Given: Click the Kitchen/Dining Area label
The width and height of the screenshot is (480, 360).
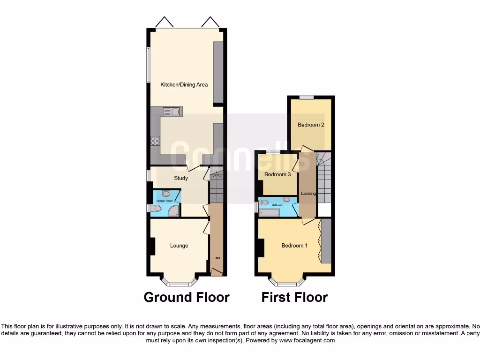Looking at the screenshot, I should click(x=184, y=85).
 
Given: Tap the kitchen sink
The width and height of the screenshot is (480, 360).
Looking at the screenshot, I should click(x=172, y=112).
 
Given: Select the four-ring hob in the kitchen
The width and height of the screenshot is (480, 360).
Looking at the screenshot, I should click(x=155, y=141).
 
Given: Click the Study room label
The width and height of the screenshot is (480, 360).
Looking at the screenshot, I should click(x=181, y=178).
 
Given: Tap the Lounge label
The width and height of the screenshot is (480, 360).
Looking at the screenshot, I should click(x=179, y=246).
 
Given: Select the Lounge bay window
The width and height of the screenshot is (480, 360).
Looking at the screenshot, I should click(x=179, y=282).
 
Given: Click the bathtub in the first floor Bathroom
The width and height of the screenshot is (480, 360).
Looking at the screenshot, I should click(x=269, y=213).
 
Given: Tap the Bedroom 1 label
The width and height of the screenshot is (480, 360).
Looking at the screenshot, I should click(x=294, y=246).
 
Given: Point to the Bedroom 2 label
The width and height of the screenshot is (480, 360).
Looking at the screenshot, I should click(x=311, y=125).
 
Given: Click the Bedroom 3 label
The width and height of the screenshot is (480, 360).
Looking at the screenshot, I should click(x=277, y=174).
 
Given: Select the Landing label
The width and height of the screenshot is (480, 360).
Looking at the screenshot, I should click(x=308, y=194).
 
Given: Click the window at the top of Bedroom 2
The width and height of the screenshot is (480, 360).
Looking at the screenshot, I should click(x=307, y=97).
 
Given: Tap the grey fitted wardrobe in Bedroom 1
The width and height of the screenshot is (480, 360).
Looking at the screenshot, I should click(x=326, y=241).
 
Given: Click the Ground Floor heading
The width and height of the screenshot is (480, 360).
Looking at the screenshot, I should click(x=186, y=297).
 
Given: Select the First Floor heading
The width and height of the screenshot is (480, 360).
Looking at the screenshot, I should click(x=294, y=297).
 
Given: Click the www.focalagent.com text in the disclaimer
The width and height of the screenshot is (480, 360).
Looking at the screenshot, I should click(x=307, y=341).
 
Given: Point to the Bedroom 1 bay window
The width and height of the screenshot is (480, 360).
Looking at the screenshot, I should click(x=286, y=282).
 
